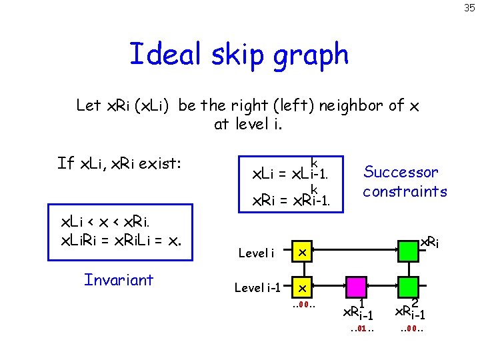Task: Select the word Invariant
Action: (119, 279)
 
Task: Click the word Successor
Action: (401, 172)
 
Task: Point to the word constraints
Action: (405, 191)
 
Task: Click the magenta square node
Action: (355, 288)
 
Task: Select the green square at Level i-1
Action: (407, 288)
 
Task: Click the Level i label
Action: (256, 253)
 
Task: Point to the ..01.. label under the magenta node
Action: (358, 329)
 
